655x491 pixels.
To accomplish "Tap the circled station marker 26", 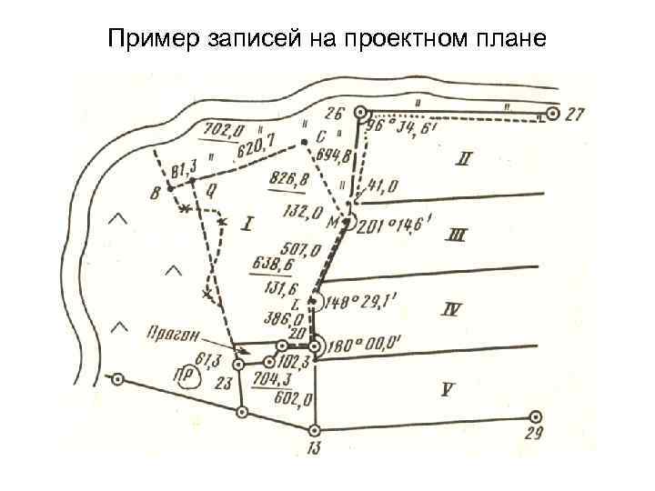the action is (361, 113).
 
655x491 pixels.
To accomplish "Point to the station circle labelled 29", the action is (536, 416).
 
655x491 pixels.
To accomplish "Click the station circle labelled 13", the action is (315, 430).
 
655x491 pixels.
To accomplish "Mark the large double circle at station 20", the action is (315, 346).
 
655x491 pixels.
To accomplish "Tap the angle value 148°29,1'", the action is (358, 303).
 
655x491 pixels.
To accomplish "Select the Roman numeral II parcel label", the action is (464, 161).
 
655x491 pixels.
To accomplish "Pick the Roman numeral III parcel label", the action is (457, 236).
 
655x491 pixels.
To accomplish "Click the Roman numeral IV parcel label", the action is (451, 310).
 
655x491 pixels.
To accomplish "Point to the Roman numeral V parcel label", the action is (447, 389).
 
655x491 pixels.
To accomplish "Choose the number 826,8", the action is (287, 181).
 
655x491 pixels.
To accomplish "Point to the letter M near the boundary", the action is (333, 221).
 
